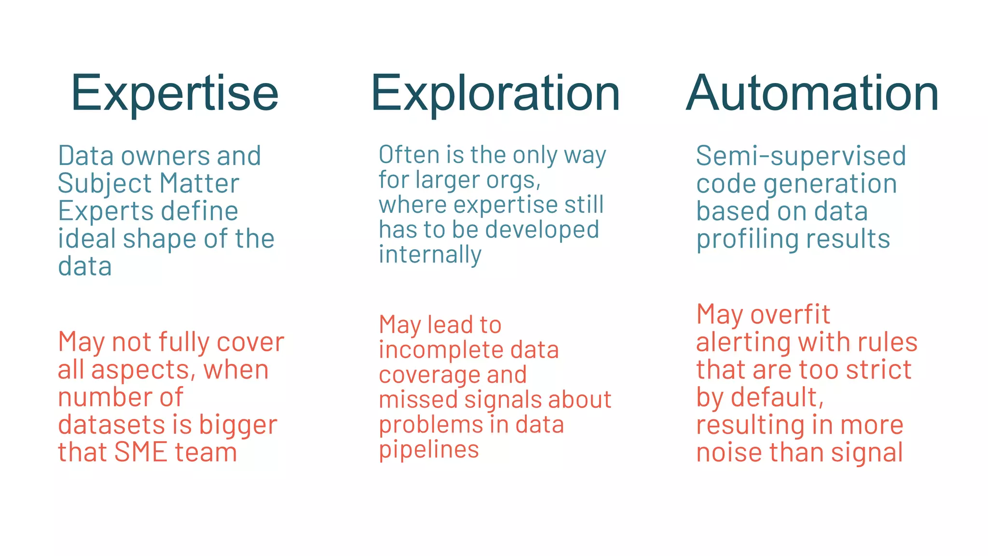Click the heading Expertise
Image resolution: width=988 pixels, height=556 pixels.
[175, 93]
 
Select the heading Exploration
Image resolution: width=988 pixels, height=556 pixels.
[495, 93]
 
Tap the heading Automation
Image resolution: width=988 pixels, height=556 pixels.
[812, 93]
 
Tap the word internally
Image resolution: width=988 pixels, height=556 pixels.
[430, 254]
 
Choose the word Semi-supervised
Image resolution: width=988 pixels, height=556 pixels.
[801, 156]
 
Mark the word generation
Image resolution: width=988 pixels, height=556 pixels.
[830, 184]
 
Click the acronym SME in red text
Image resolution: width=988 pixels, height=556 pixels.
[140, 452]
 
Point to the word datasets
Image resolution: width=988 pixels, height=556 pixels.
[111, 425]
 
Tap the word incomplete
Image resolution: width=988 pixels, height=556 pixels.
[440, 350]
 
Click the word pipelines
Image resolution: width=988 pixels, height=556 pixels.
[428, 450]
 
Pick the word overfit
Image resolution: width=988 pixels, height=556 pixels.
[790, 315]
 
